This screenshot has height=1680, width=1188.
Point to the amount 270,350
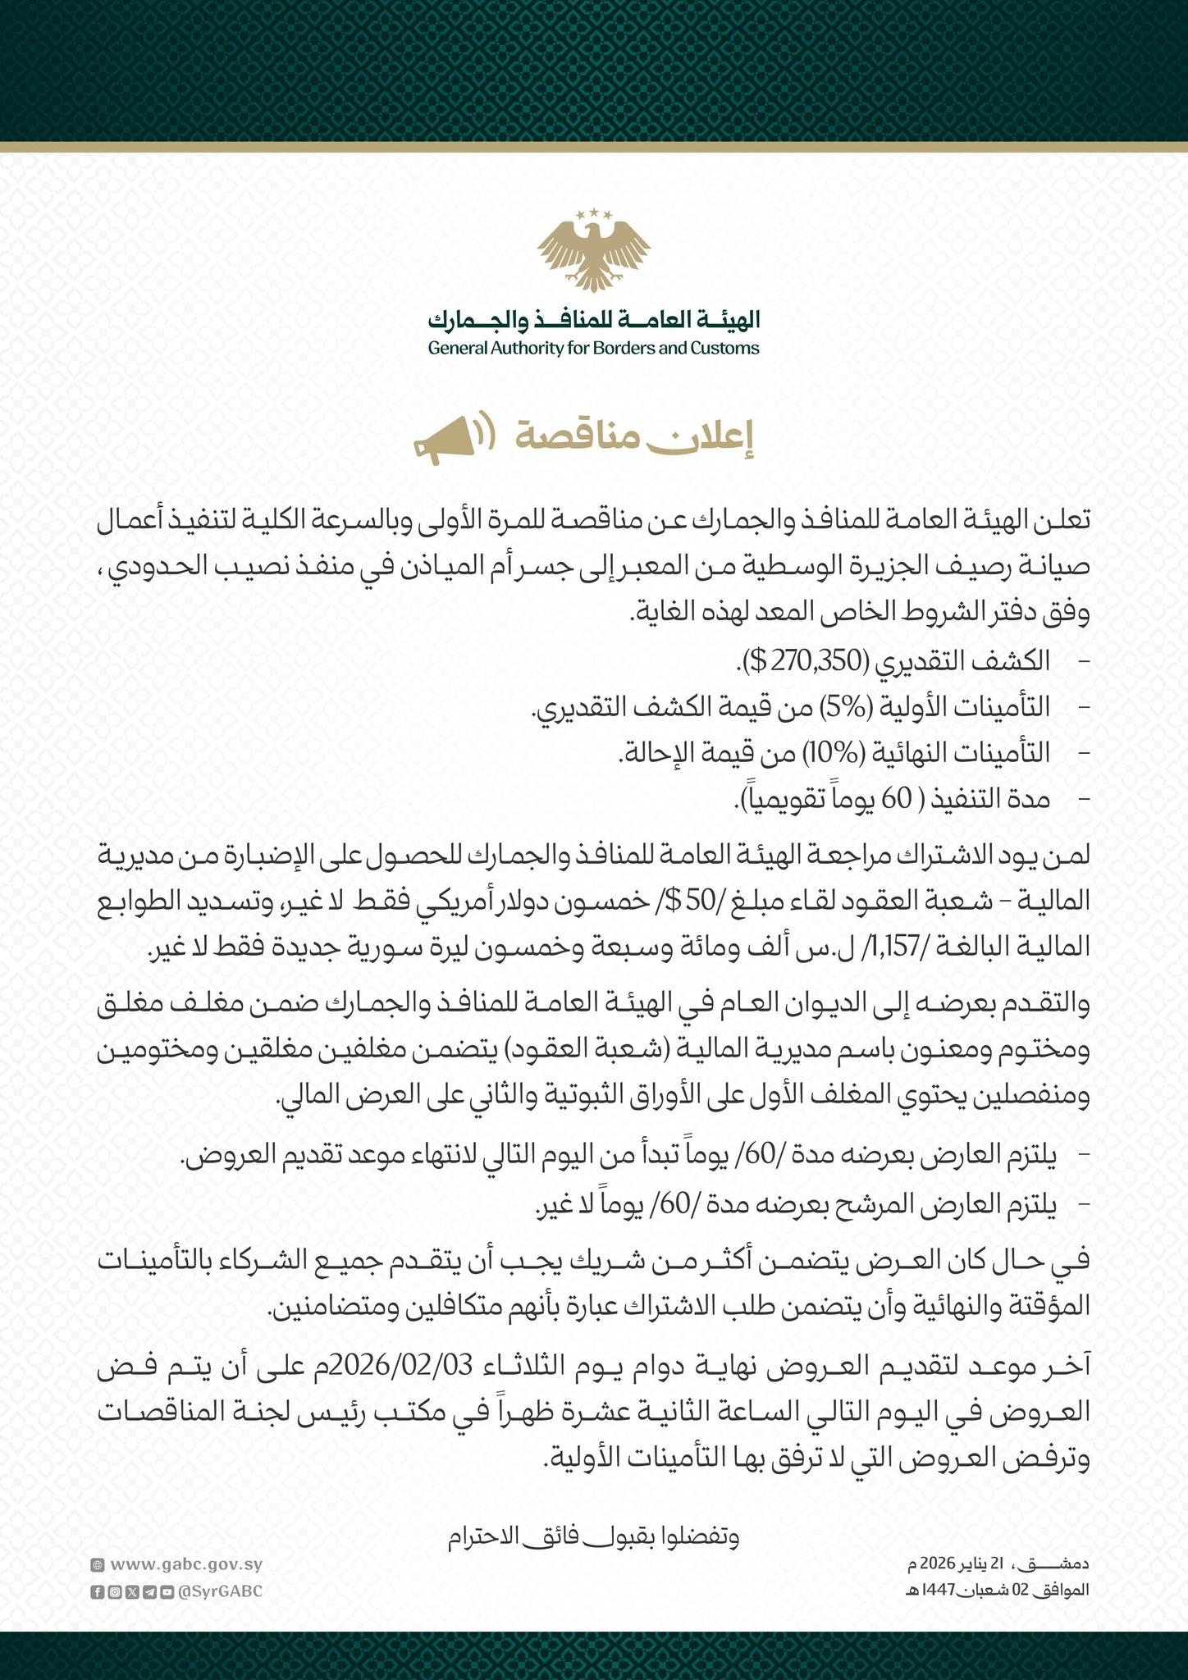(820, 660)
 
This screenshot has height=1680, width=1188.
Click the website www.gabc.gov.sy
(185, 1564)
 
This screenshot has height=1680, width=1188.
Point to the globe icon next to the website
(97, 1565)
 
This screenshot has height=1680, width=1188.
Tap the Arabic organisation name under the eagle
(593, 319)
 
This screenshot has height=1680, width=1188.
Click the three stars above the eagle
(593, 214)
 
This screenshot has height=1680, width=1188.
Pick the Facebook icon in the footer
(96, 1592)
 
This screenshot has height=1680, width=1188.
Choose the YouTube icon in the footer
(167, 1592)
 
